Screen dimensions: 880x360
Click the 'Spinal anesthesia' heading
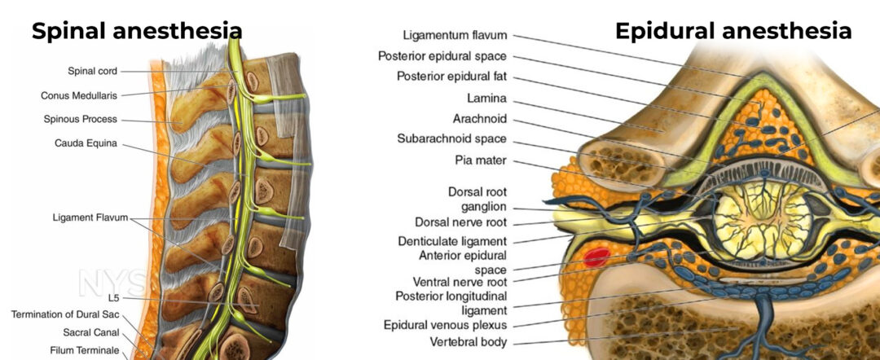click(137, 32)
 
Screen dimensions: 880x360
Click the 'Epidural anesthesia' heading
click(733, 32)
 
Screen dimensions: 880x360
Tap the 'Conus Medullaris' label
click(79, 95)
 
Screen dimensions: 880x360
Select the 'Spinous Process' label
click(80, 119)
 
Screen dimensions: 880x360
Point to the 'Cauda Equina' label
click(86, 143)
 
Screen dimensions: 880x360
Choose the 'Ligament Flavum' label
click(90, 217)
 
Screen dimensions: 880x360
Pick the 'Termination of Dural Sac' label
click(65, 314)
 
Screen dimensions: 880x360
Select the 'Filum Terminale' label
click(85, 350)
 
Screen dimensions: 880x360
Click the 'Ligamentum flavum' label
click(455, 35)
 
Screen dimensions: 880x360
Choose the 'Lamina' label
click(487, 98)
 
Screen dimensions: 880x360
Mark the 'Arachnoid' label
click(480, 119)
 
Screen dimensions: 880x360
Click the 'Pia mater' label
click(481, 161)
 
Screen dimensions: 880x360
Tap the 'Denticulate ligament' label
click(452, 241)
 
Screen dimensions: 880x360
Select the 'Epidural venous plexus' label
click(445, 325)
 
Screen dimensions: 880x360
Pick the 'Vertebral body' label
click(469, 341)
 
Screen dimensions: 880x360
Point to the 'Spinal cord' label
click(93, 71)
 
